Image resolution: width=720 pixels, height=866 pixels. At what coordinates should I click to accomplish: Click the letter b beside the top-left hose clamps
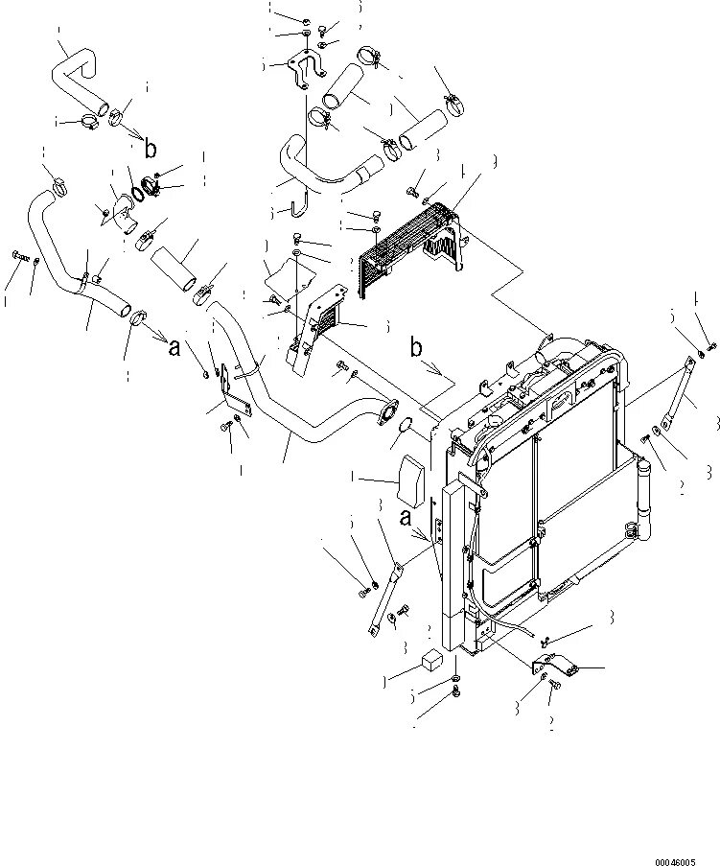coord(150,149)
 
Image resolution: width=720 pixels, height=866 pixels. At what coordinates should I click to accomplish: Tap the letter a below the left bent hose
coord(174,347)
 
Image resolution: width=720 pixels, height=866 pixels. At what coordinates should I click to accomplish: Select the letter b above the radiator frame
coord(416,347)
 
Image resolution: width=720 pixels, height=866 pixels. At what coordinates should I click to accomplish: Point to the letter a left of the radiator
coord(406,518)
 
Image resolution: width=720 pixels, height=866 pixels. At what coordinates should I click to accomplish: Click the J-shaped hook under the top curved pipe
coord(300,203)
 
